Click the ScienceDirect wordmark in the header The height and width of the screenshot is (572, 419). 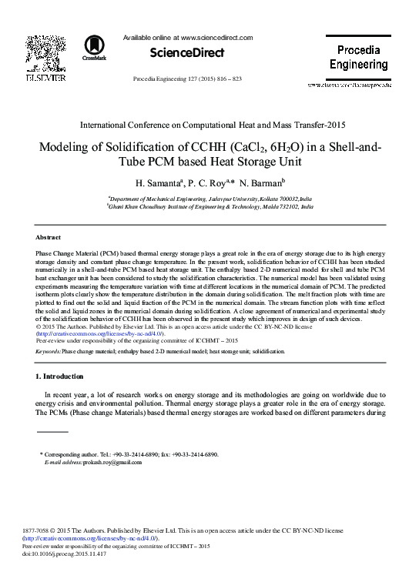(x=179, y=53)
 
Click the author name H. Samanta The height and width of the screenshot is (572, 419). (x=157, y=185)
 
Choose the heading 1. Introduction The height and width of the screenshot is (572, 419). (x=60, y=376)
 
